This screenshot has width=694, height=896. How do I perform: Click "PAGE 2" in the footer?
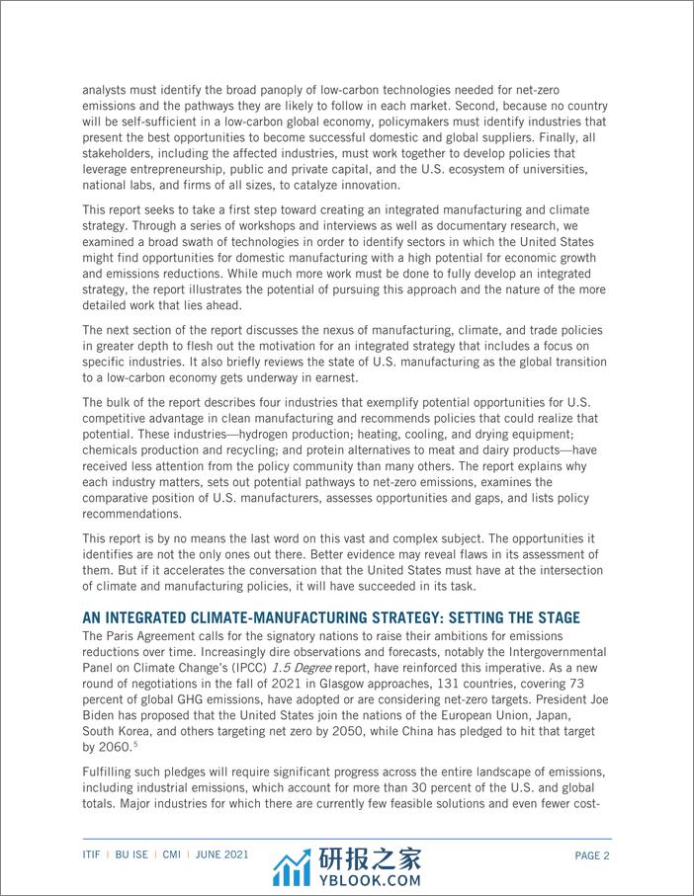591,856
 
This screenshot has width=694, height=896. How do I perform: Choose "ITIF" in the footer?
95,856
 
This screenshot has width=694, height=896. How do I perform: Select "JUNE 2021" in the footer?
221,856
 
